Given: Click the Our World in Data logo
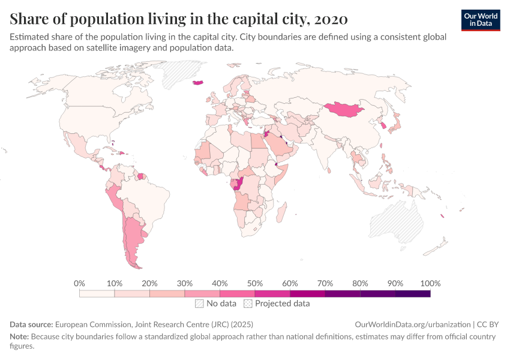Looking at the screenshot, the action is pos(481,20).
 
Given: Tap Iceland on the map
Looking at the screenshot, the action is pos(198,83).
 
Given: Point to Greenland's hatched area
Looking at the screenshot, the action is pos(177,73).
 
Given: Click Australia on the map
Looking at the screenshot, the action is pos(397,221).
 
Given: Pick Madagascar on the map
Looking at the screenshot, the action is pos(281,212).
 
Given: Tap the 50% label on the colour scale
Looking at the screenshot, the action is pos(254,284).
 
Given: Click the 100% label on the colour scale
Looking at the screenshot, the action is pos(430,284).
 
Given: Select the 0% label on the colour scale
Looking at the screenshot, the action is pos(79,284).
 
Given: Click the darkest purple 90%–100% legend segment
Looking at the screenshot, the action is pos(413,293).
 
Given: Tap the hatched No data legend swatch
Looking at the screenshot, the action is pos(199,304).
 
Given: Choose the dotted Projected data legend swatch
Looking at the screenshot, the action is pos(248,304).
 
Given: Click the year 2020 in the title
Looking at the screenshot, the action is pos(331,19).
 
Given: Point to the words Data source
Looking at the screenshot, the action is pos(31,325).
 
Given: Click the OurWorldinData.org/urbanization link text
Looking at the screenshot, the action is pos(413,325).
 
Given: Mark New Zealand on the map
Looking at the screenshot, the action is pos(436,247).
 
